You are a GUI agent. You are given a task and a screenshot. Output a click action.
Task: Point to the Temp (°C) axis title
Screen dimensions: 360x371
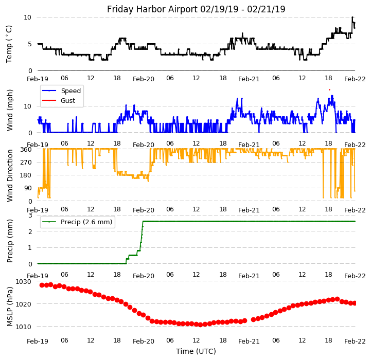[9, 44]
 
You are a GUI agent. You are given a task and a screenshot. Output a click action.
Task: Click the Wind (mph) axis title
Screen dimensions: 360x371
[10, 110]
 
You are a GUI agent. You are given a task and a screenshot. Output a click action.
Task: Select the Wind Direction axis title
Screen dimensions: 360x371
[10, 175]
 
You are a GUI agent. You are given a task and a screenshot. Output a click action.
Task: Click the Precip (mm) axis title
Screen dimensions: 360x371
[10, 240]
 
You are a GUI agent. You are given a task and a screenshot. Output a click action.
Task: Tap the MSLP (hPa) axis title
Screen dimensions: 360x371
[10, 306]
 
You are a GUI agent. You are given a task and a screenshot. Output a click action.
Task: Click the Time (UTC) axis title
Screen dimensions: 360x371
[196, 352]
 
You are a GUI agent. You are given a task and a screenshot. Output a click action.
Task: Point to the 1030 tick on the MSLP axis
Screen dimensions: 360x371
[24, 282]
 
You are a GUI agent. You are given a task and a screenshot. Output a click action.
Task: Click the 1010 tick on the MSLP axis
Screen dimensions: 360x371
[24, 327]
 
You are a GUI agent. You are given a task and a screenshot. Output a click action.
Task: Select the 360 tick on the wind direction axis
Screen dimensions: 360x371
[26, 150]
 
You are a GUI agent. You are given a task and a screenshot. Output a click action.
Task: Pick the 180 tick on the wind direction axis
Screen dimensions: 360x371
[26, 175]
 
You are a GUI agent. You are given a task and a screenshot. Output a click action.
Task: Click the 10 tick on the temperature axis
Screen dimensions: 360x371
[27, 17]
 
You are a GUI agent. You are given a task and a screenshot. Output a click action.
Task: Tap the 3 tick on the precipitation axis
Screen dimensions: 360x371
[30, 215]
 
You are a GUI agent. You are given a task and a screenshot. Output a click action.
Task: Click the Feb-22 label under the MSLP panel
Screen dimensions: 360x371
[355, 341]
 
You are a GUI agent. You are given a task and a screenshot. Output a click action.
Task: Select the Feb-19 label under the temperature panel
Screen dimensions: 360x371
[38, 79]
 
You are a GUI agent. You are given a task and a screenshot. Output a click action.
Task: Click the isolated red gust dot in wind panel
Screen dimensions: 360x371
[329, 89]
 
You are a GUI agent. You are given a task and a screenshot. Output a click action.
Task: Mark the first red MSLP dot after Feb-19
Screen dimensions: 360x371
[42, 285]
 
